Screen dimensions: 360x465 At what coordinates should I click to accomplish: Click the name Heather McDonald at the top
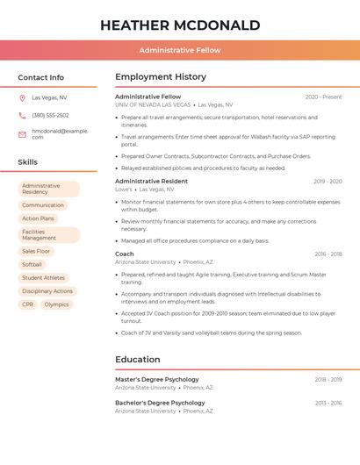pyautogui.click(x=180, y=25)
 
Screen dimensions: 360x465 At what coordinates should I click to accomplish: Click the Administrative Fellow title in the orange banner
pyautogui.click(x=180, y=50)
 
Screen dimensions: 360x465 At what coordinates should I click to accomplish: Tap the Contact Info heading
pyautogui.click(x=41, y=77)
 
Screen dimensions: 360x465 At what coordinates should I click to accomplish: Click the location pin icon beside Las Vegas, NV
pyautogui.click(x=22, y=97)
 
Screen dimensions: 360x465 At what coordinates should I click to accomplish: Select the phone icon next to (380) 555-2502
pyautogui.click(x=22, y=115)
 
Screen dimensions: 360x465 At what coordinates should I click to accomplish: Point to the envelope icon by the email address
pyautogui.click(x=22, y=134)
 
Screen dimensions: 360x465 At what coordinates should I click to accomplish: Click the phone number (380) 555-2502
pyautogui.click(x=50, y=115)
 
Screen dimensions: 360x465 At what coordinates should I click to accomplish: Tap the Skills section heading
pyautogui.click(x=28, y=162)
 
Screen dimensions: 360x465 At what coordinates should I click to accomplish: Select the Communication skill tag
pyautogui.click(x=43, y=205)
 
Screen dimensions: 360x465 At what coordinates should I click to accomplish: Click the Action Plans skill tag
pyautogui.click(x=38, y=218)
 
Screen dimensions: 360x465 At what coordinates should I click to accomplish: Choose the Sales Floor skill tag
pyautogui.click(x=36, y=251)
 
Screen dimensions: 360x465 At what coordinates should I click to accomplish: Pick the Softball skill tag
pyautogui.click(x=32, y=264)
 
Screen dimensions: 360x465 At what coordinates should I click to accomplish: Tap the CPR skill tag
pyautogui.click(x=28, y=304)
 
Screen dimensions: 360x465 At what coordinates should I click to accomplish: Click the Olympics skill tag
pyautogui.click(x=56, y=304)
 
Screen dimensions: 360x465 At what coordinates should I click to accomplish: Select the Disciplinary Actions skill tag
pyautogui.click(x=47, y=291)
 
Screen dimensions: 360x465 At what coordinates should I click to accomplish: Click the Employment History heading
pyautogui.click(x=161, y=77)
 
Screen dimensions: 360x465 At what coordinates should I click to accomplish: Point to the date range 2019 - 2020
pyautogui.click(x=328, y=182)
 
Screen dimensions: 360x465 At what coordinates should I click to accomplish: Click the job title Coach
pyautogui.click(x=125, y=254)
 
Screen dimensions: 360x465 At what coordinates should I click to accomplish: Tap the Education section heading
pyautogui.click(x=138, y=359)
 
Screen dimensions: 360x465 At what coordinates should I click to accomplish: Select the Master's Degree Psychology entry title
pyautogui.click(x=157, y=379)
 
